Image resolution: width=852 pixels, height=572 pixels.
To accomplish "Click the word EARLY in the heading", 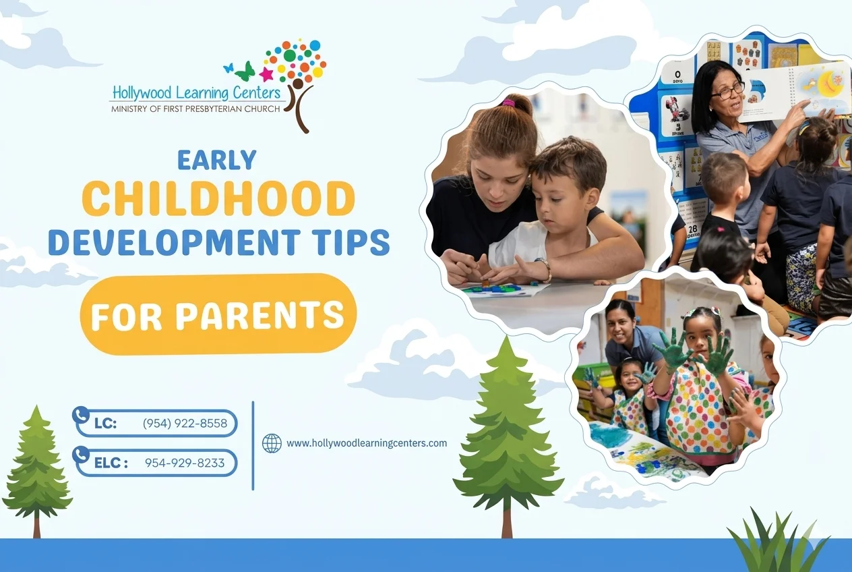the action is point(217,160).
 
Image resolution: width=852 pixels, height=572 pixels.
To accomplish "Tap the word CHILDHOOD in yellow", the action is point(218,199).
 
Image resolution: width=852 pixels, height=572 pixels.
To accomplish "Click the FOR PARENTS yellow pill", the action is point(218,314).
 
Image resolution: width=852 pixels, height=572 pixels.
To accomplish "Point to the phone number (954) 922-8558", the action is point(185,423).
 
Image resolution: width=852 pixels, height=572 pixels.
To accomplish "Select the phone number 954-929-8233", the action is point(185,463).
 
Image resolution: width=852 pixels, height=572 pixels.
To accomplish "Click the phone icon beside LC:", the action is point(81,416).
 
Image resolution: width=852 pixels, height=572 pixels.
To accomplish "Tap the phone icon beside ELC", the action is point(81,455).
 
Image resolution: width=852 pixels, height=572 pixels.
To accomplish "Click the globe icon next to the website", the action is point(272,443).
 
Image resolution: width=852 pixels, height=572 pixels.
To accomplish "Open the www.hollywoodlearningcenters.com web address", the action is point(367,443).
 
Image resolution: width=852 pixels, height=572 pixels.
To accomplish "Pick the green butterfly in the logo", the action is point(245,71).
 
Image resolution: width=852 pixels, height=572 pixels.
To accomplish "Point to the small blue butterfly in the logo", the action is point(229,68).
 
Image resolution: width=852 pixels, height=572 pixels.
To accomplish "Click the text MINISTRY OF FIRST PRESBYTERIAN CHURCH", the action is point(195,109).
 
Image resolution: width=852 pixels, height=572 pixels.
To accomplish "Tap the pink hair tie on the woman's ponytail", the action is point(508,103).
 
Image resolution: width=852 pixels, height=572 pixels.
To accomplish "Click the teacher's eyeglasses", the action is point(727,90).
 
